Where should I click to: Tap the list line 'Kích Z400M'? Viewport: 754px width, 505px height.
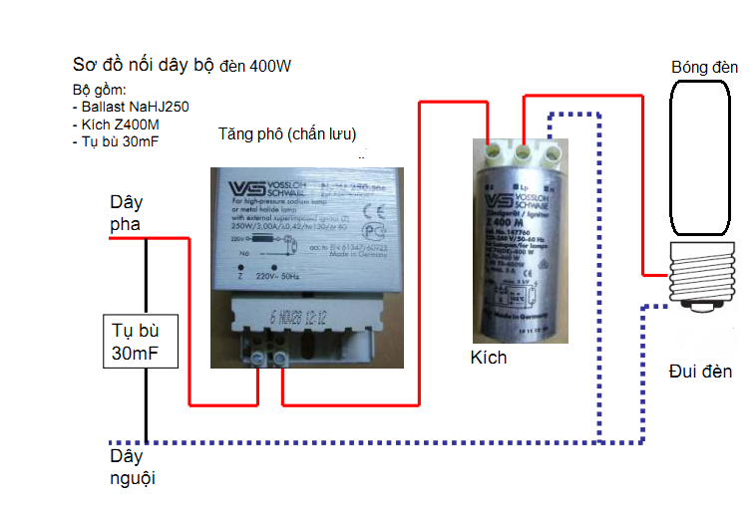pyautogui.click(x=119, y=126)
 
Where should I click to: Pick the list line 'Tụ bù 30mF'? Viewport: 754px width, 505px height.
pyautogui.click(x=118, y=142)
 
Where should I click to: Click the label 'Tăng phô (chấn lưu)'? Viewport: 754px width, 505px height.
pyautogui.click(x=287, y=134)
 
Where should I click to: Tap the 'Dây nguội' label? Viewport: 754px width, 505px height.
pyautogui.click(x=133, y=468)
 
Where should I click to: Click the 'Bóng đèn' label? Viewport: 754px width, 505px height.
pyautogui.click(x=704, y=68)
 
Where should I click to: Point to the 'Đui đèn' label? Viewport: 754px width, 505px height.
pyautogui.click(x=700, y=372)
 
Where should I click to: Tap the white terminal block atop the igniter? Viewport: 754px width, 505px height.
pyautogui.click(x=520, y=152)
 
